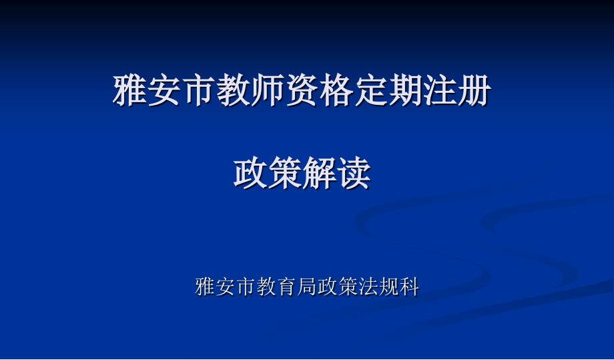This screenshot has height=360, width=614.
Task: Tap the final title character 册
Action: point(475,90)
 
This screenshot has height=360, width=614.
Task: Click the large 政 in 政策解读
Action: point(251,173)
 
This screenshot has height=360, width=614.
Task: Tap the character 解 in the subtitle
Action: point(320,173)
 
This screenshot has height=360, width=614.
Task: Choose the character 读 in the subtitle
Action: point(354,173)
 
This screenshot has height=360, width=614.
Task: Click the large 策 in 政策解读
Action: point(285,173)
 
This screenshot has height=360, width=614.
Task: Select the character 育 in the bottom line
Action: point(287,287)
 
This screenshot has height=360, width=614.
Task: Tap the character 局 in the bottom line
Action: point(308,287)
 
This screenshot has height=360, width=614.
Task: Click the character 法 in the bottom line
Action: point(368,287)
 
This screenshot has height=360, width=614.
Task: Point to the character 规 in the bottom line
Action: point(389,287)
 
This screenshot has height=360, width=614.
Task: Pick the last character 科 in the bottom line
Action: point(409,287)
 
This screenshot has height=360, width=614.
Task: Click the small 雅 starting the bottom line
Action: point(205,287)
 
